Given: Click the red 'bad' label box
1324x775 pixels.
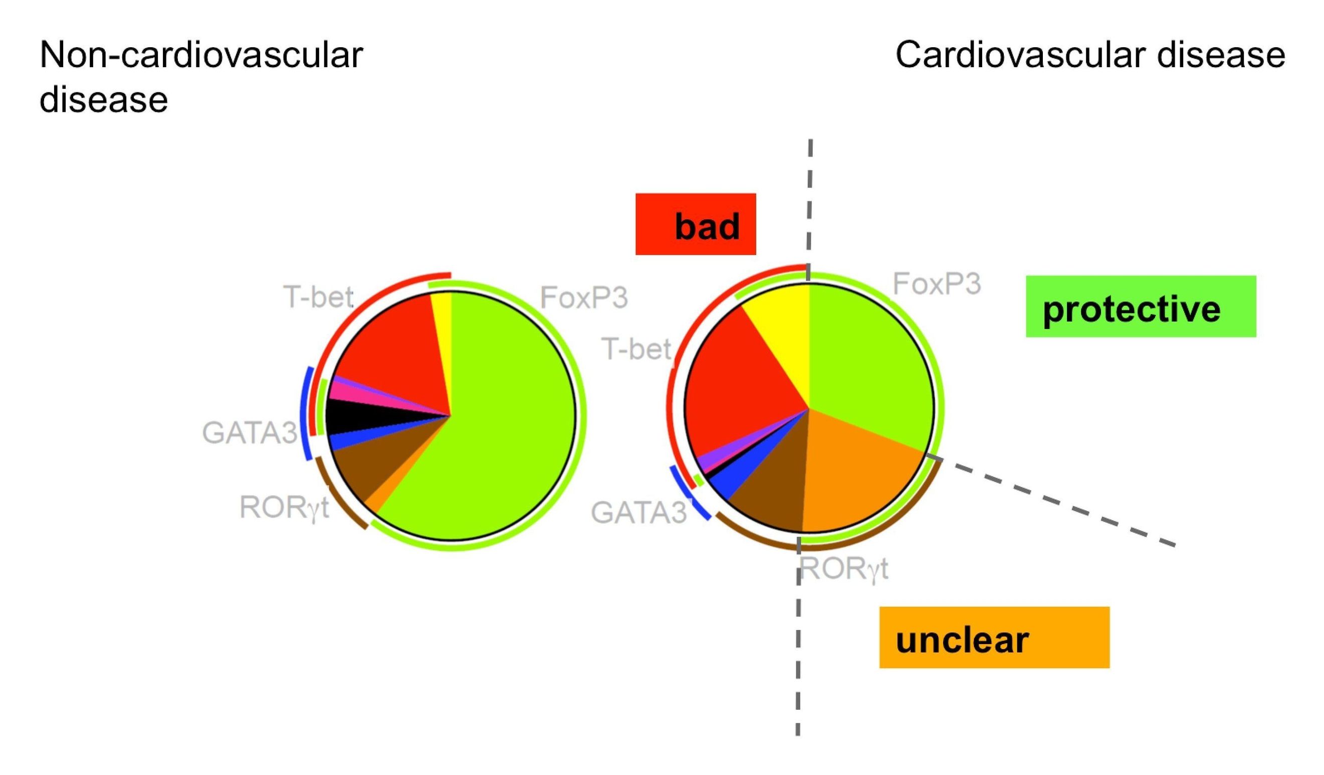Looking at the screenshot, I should coord(695,224).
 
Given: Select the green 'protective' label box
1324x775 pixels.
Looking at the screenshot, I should coord(1140,306).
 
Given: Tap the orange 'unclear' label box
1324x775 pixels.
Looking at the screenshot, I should coord(994,638).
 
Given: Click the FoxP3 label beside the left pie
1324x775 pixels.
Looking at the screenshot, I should coord(584,297).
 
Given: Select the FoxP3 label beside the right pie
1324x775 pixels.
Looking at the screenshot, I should coord(937,284).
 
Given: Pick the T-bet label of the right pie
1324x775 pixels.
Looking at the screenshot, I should coord(636,349).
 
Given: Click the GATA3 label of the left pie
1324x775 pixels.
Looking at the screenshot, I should coord(250,433).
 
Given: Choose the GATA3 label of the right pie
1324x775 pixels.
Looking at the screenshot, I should coord(638,512).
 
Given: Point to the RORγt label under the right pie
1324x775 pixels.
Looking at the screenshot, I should coord(844,568).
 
